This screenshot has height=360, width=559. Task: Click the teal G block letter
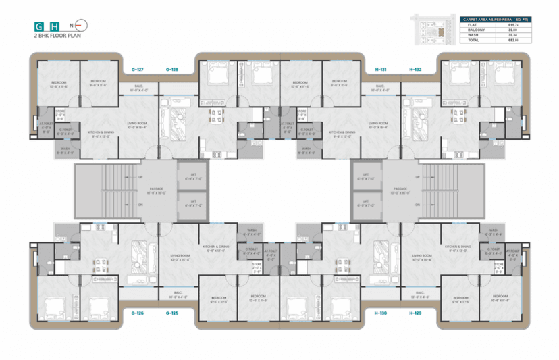coord(38,27)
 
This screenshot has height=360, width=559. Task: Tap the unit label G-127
coord(137,69)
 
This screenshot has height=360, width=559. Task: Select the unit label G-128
coord(171,69)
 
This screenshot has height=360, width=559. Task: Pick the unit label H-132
coord(414,69)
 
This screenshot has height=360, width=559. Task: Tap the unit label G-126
coord(137,313)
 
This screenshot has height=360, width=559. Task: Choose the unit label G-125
coord(171,313)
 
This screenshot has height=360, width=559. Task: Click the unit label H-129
coord(414,313)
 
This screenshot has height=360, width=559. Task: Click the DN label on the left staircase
coord(140,204)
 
